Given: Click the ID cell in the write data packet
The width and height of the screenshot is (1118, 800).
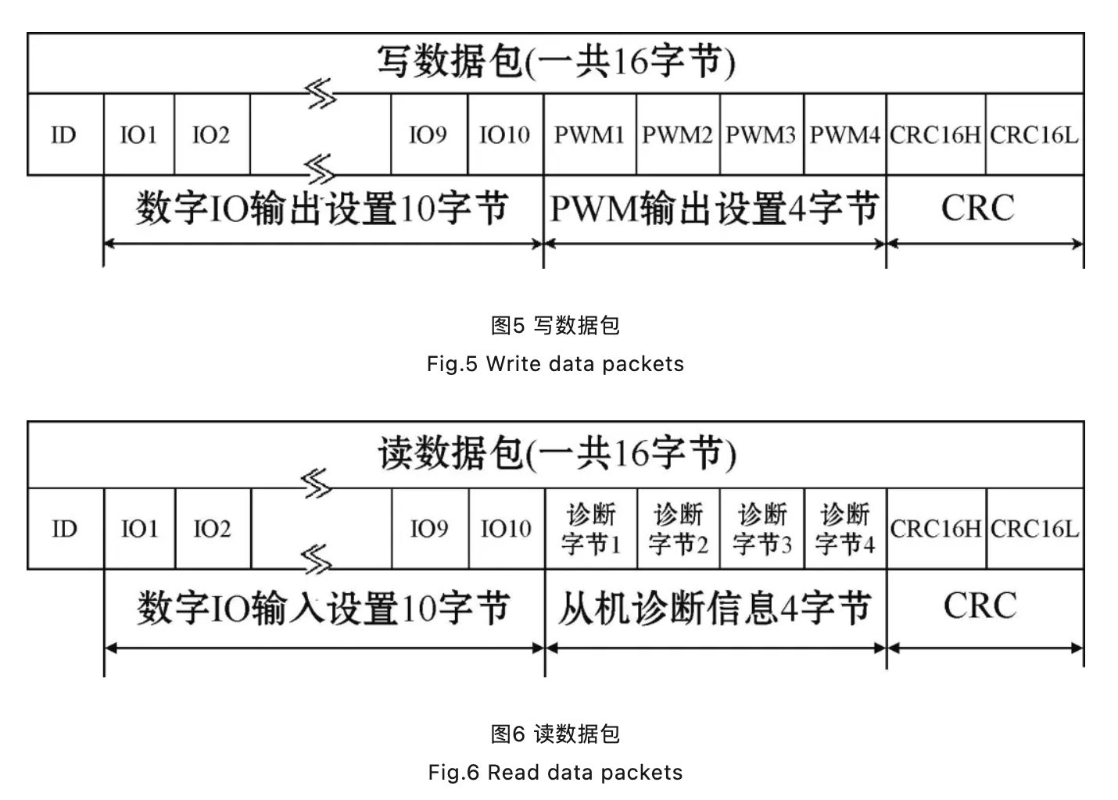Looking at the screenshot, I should click(x=64, y=135).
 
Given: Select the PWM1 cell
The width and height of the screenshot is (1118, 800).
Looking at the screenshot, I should click(x=589, y=135).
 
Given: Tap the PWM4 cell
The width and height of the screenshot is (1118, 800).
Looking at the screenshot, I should click(x=844, y=135).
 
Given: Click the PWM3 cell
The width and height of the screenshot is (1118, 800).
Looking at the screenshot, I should click(x=761, y=135).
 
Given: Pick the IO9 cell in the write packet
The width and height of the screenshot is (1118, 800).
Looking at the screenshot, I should click(x=428, y=135).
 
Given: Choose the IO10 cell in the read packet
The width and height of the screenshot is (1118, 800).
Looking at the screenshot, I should click(x=506, y=529).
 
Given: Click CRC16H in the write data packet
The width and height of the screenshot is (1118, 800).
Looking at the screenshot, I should click(x=935, y=135).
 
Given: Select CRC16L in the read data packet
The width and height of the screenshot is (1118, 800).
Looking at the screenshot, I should click(x=1034, y=529).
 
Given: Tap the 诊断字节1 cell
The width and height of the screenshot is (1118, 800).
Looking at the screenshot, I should click(x=591, y=529).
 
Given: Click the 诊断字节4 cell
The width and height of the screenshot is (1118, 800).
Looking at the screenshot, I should click(x=845, y=529).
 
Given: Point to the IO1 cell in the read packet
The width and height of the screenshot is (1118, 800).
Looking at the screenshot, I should click(x=139, y=529).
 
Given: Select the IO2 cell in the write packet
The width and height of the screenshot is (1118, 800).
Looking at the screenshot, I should click(x=211, y=135).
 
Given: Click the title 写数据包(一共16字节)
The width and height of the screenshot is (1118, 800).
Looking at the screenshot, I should click(x=556, y=62).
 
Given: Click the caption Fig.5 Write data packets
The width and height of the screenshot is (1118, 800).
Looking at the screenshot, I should click(x=555, y=364).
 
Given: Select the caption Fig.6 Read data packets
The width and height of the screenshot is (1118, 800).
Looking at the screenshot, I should click(x=555, y=773).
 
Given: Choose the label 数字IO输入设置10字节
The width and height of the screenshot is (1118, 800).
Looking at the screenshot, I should click(x=323, y=608).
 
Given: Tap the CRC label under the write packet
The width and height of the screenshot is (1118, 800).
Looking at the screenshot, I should click(x=977, y=208).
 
